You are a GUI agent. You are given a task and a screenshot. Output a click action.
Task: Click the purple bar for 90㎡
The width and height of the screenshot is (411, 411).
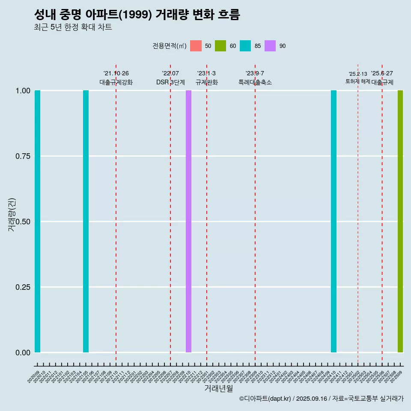click(x=188, y=221)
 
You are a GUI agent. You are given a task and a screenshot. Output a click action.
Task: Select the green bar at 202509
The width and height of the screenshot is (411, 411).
click(x=400, y=221)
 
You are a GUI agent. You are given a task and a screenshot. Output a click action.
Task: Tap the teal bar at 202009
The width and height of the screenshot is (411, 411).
click(x=37, y=221)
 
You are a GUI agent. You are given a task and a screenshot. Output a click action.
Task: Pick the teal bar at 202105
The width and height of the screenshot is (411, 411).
click(x=86, y=221)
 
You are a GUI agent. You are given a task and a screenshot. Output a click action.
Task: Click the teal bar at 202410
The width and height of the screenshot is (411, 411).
click(x=334, y=221)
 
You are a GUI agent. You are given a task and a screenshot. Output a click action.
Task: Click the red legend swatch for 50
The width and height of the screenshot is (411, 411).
click(x=196, y=46)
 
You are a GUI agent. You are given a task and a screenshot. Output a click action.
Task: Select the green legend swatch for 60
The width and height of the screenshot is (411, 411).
click(x=220, y=46)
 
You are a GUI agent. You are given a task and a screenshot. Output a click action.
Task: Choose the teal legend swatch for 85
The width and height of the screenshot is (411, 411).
click(x=245, y=46)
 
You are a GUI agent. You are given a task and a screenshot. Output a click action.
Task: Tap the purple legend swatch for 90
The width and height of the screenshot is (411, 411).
click(x=270, y=46)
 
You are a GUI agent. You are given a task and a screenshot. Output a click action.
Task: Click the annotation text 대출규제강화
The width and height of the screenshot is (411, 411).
click(x=116, y=82)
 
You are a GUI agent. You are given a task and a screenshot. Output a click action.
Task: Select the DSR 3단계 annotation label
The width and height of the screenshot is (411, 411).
click(x=170, y=82)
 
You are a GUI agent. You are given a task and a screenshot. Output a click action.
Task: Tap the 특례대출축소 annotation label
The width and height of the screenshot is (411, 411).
click(x=255, y=82)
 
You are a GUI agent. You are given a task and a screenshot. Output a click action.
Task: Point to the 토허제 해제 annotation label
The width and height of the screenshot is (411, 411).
click(x=357, y=81)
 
